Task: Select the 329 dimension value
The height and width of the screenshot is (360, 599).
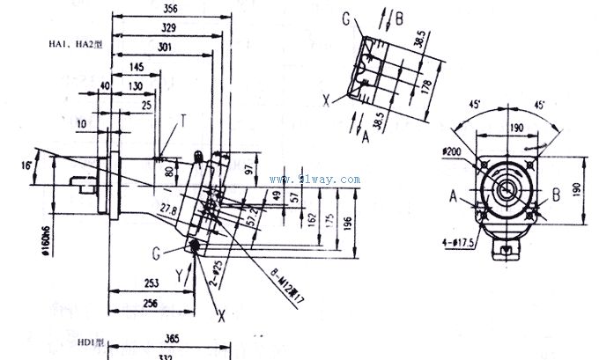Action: point(167,27)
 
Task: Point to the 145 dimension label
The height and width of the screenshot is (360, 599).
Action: point(136,67)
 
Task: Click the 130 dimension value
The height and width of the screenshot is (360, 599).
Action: point(136,85)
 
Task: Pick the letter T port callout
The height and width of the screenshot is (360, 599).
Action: point(183,118)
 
